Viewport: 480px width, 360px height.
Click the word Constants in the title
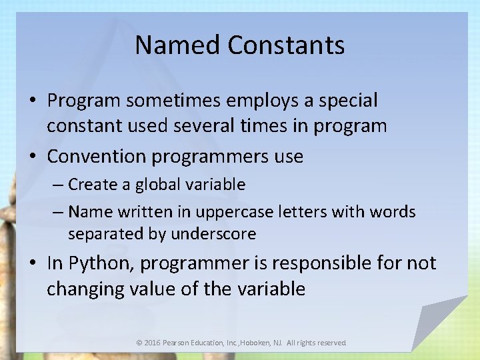(286, 45)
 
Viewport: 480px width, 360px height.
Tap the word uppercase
(244, 213)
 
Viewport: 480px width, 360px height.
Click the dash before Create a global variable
(59, 185)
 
